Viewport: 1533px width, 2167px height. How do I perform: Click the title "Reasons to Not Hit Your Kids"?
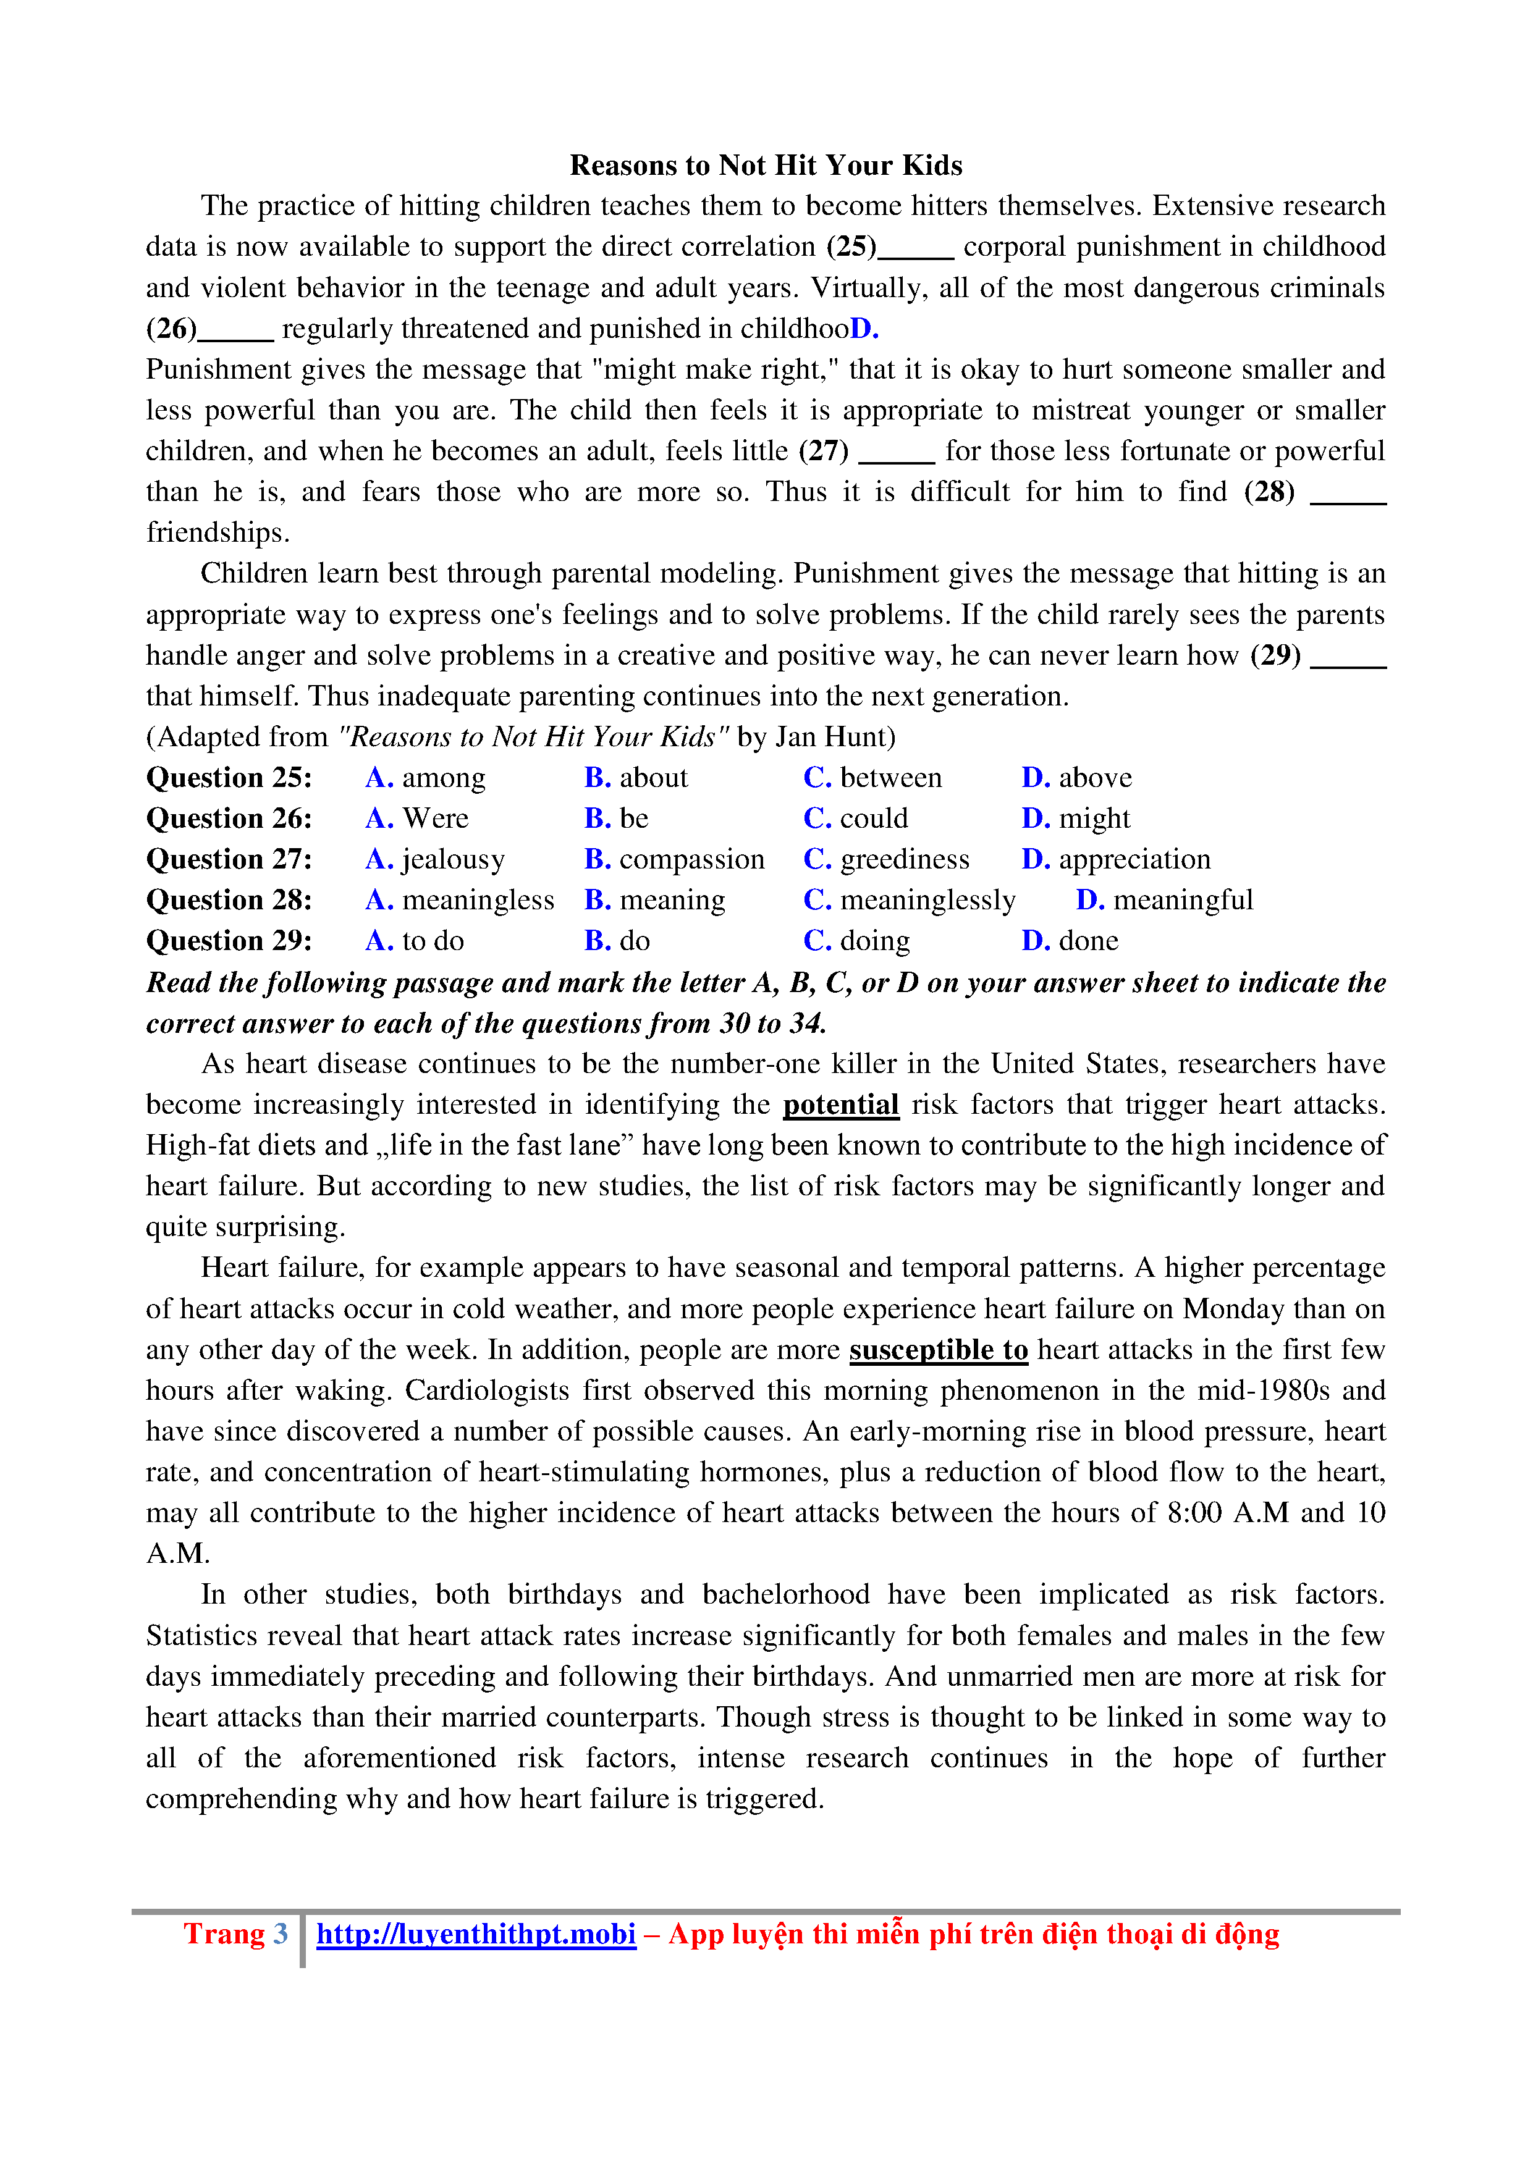[766, 165]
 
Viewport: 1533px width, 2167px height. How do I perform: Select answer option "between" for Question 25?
[890, 778]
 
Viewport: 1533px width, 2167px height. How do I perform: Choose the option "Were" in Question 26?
[435, 818]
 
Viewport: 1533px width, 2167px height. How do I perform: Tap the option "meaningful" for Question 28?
[1182, 901]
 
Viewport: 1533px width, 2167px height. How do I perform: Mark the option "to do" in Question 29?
[433, 941]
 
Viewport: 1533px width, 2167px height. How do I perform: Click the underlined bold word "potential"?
[840, 1105]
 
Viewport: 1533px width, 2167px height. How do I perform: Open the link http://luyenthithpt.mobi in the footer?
[476, 1934]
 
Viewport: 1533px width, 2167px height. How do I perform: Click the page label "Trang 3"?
[235, 1934]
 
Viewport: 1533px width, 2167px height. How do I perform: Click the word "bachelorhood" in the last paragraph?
[785, 1595]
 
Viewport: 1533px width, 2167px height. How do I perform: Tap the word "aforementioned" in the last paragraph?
[399, 1758]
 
